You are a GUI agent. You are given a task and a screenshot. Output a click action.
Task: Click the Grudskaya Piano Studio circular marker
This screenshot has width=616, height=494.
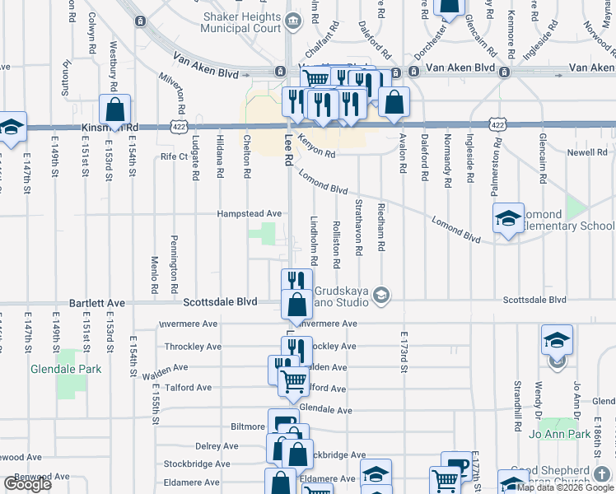(380, 294)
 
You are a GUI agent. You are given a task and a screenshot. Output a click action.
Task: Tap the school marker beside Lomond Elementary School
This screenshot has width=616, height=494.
(509, 218)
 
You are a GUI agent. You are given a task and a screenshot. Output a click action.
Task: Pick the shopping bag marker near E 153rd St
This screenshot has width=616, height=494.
(115, 110)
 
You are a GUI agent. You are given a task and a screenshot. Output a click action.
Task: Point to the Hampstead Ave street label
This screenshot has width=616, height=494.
(249, 213)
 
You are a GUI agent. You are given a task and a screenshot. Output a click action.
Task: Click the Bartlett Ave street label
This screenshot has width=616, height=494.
(96, 303)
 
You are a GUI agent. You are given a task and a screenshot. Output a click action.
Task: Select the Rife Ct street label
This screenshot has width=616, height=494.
(175, 156)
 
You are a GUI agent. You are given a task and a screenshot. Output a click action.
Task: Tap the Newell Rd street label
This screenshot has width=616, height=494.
(587, 153)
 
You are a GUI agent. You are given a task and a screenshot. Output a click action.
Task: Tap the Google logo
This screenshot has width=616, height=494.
(27, 484)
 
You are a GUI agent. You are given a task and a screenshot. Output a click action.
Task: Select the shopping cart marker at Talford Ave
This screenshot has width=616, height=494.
(292, 381)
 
